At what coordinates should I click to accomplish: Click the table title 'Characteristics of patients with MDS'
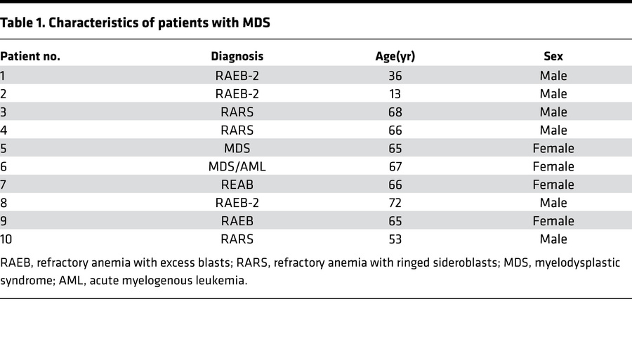[x=136, y=22]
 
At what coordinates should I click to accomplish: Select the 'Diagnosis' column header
[x=237, y=57]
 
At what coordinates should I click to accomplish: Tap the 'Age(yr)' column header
[x=395, y=57]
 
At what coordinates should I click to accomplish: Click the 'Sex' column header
[x=553, y=57]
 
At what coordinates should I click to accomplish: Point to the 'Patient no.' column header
[x=30, y=57]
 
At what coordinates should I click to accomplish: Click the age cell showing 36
[x=395, y=76]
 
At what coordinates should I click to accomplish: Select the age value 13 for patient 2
[x=395, y=94]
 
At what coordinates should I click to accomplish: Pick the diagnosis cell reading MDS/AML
[x=237, y=167]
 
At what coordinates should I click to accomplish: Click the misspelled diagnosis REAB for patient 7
[x=237, y=185]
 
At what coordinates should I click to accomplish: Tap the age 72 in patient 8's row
[x=395, y=204]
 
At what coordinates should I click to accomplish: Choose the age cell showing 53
[x=395, y=240]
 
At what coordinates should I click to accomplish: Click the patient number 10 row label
[x=7, y=240]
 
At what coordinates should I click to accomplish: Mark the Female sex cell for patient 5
[x=553, y=149]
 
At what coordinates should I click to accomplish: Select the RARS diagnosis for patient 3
[x=237, y=112]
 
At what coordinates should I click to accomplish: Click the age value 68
[x=395, y=112]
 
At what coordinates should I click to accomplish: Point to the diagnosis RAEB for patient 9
[x=237, y=222]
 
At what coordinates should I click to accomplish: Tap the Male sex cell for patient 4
[x=553, y=131]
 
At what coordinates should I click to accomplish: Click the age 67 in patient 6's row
[x=395, y=167]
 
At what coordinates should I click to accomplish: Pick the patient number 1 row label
[x=4, y=76]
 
